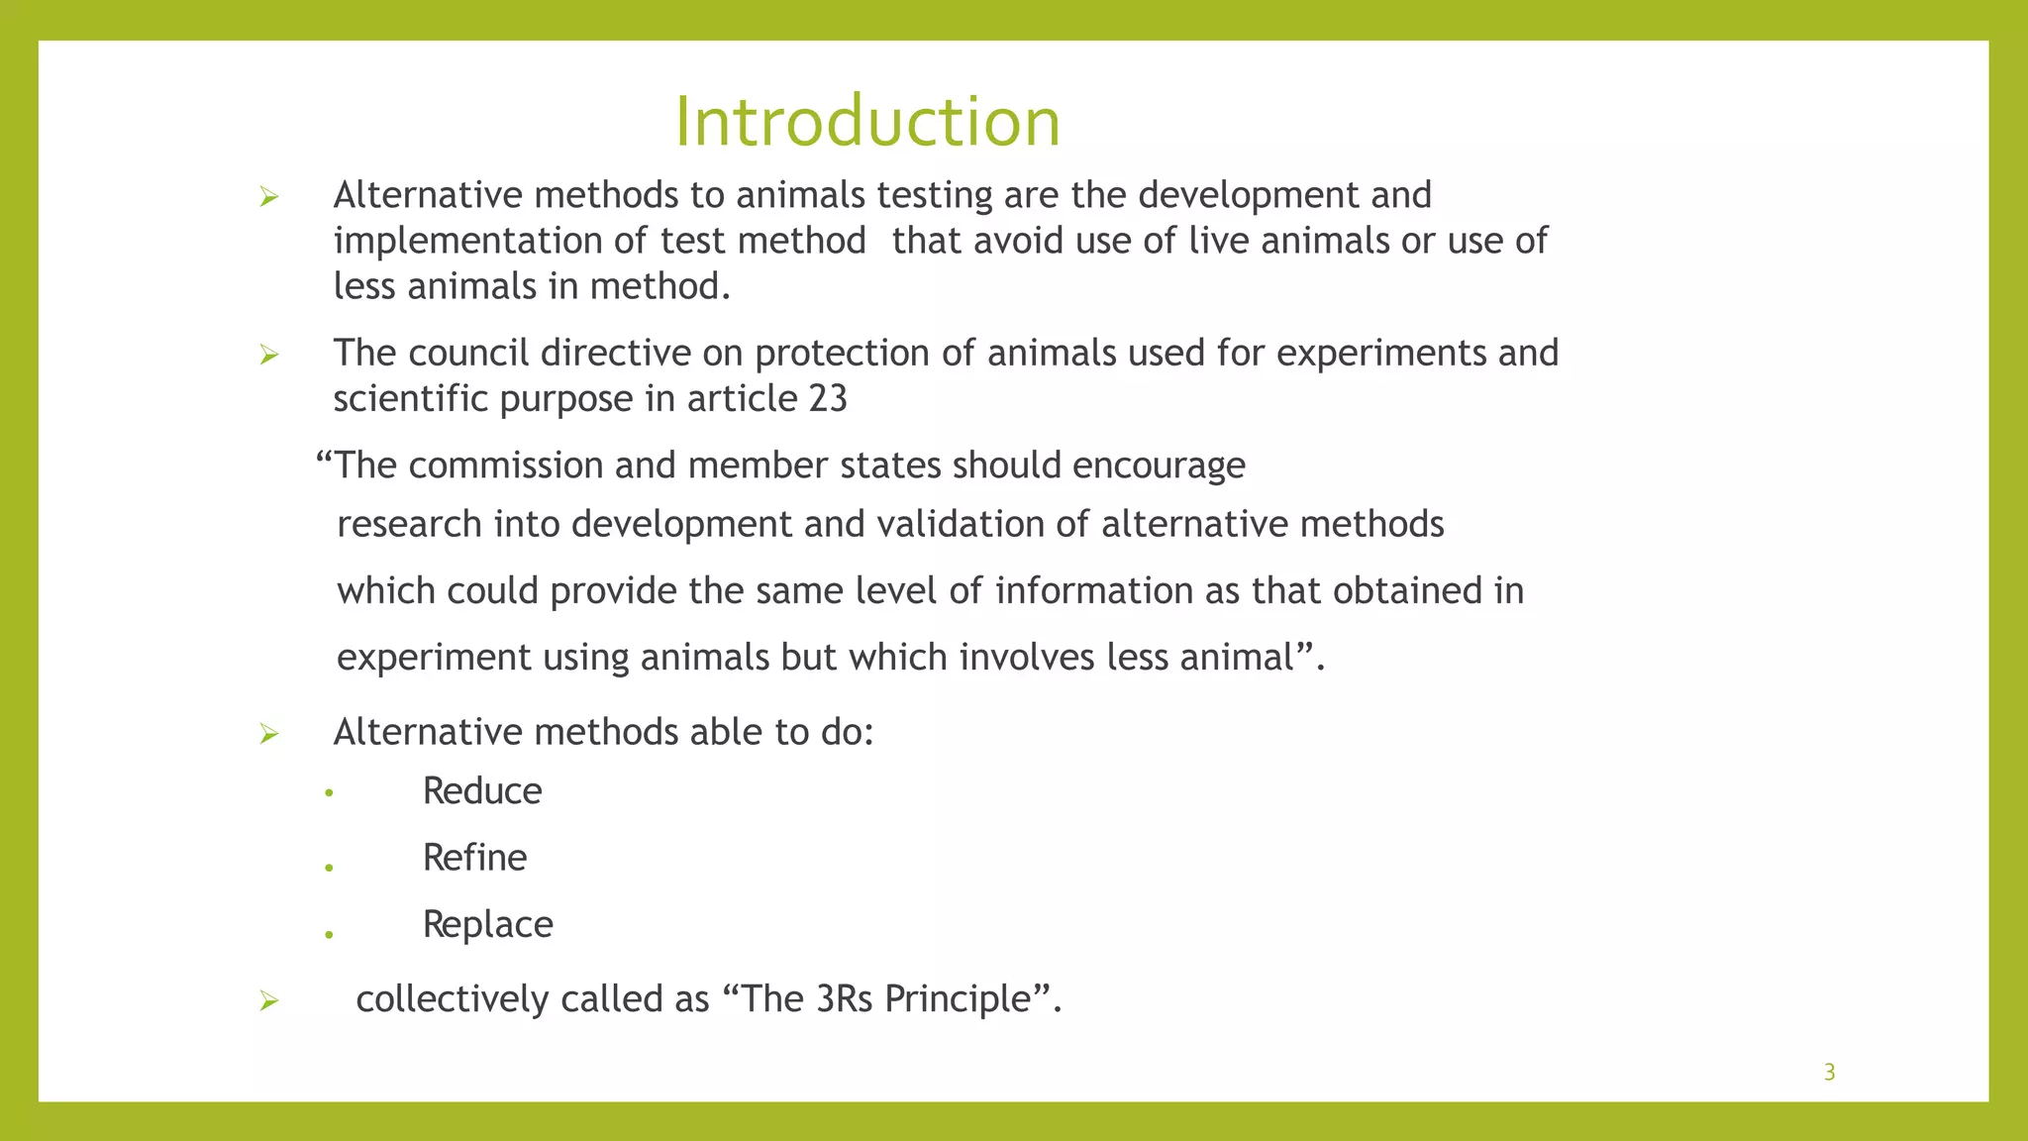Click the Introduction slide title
pyautogui.click(x=867, y=122)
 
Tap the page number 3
pyautogui.click(x=1829, y=1072)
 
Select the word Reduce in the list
pyautogui.click(x=482, y=791)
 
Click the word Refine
pyautogui.click(x=474, y=858)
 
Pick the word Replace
pyautogui.click(x=487, y=924)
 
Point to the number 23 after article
pyautogui.click(x=828, y=399)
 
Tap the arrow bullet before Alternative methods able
pyautogui.click(x=268, y=734)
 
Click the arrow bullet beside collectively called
pyautogui.click(x=268, y=1000)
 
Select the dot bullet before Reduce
pyautogui.click(x=329, y=793)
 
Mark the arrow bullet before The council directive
pyautogui.click(x=268, y=355)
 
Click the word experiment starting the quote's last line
pyautogui.click(x=434, y=658)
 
